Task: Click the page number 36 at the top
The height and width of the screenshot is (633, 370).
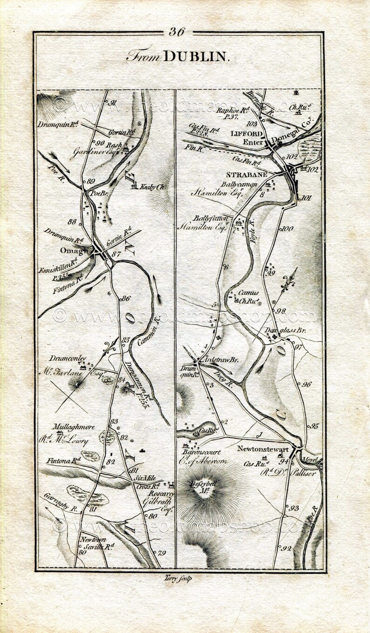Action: point(177,32)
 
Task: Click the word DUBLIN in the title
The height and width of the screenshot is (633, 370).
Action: point(196,56)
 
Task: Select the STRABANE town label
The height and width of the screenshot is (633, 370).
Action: point(247,174)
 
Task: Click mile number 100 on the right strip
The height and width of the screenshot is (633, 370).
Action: point(288,228)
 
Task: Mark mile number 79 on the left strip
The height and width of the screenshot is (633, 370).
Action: point(162,553)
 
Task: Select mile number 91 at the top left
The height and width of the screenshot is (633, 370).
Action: point(112,103)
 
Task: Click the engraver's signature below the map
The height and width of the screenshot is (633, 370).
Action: point(178,578)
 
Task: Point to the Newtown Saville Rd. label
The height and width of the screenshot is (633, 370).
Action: point(96,544)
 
